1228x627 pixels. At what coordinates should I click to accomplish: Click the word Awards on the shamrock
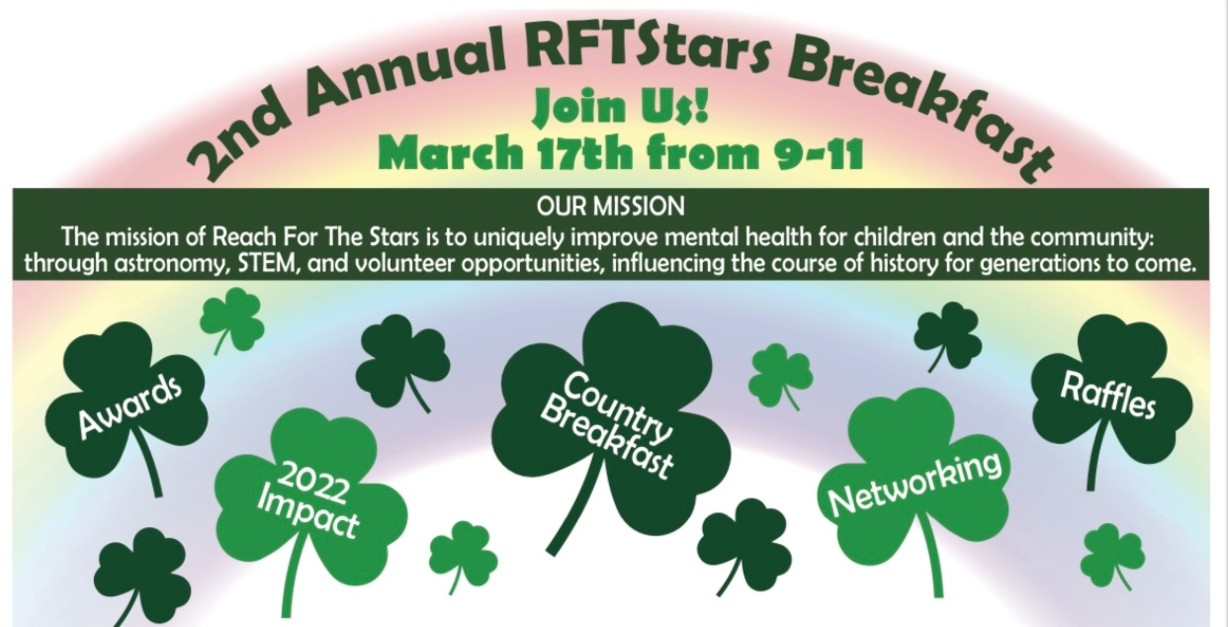(131, 407)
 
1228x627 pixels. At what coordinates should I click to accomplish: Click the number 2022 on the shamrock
(312, 484)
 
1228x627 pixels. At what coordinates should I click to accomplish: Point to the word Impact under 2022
(308, 515)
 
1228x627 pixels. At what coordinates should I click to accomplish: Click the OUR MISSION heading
(611, 207)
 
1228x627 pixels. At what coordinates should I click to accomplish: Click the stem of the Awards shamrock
(148, 463)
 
